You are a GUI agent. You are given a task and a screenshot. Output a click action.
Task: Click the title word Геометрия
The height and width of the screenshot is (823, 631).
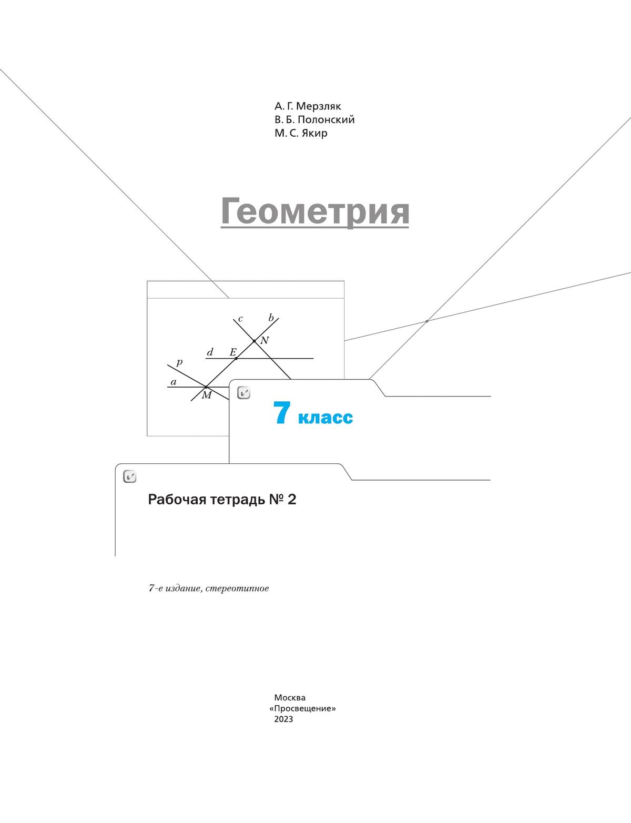point(315,212)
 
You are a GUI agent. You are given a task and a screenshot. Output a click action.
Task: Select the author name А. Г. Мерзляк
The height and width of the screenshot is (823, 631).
point(308,106)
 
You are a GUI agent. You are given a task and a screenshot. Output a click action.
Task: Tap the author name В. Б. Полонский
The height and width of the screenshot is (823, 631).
point(314,120)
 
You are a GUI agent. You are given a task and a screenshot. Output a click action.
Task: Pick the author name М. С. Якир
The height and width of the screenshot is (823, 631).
point(301,134)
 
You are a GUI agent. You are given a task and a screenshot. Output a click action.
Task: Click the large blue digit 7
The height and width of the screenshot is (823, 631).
point(282,413)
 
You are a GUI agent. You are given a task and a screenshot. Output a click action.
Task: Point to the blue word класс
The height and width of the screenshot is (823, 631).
point(325,418)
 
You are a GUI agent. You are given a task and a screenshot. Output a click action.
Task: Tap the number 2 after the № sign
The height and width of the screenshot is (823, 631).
point(291,500)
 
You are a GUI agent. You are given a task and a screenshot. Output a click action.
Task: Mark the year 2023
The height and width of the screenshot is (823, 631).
point(283,719)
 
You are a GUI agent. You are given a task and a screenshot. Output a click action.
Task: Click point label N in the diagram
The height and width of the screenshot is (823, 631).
point(264,340)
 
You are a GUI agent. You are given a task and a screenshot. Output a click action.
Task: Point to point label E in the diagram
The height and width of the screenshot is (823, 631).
point(233,352)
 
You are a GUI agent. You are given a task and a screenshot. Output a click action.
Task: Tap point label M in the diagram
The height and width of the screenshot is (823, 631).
point(207,395)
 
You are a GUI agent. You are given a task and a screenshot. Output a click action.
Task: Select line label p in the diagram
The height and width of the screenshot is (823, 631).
point(179,362)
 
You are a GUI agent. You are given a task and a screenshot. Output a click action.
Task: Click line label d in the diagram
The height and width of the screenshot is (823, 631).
point(210,352)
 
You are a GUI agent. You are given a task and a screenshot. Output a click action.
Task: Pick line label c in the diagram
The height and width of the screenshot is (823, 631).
point(240,319)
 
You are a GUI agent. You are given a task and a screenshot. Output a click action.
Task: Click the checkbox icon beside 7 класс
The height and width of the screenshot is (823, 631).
point(244,393)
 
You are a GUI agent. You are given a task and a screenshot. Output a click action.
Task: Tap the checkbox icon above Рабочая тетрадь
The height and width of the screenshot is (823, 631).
point(130,476)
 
